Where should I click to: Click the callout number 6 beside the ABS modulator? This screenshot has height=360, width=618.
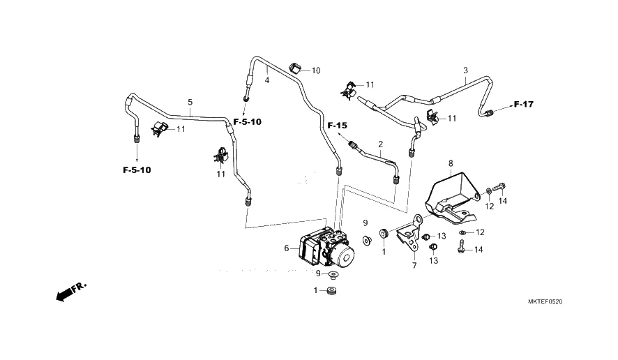[286, 248]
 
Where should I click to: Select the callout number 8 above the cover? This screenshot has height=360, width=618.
[451, 163]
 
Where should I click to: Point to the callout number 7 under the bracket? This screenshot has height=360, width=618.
[414, 266]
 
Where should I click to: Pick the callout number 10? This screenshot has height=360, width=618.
[316, 70]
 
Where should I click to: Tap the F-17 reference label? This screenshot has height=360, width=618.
[523, 105]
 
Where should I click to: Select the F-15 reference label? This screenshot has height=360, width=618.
[337, 125]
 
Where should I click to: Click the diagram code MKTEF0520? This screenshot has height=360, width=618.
[545, 302]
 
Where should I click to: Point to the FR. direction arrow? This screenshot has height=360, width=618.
[70, 292]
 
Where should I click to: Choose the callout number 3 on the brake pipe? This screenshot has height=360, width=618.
[465, 70]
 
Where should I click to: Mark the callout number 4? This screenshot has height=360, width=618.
[266, 80]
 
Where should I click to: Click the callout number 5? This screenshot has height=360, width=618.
[190, 102]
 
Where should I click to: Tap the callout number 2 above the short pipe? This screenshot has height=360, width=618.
[381, 144]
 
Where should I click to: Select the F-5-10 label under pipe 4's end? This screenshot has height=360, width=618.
[247, 122]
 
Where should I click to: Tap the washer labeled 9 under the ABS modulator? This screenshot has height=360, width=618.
[334, 274]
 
